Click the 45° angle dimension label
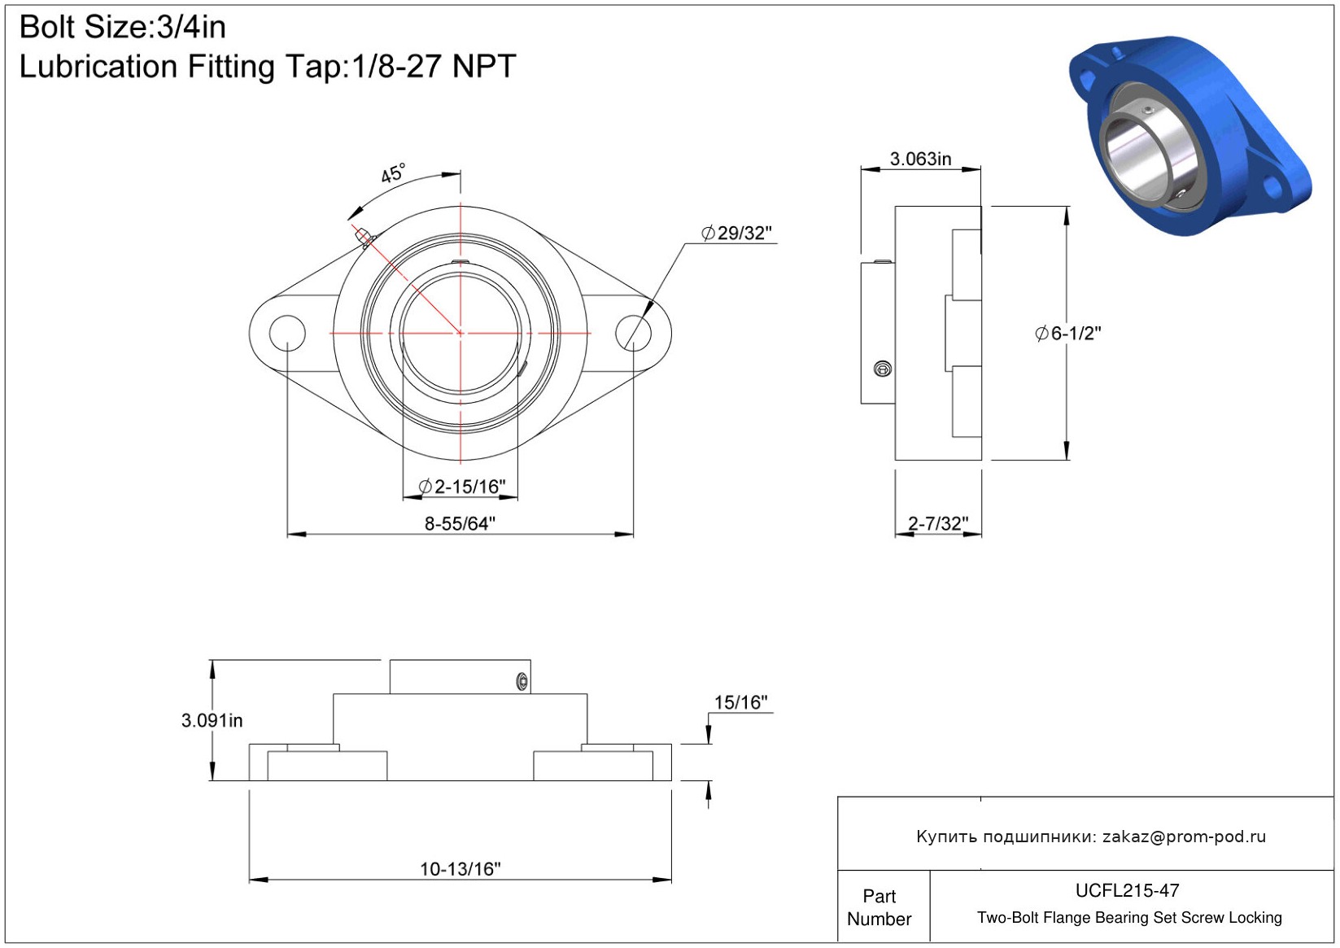(393, 173)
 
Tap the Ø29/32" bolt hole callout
(736, 233)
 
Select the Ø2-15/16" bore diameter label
(462, 487)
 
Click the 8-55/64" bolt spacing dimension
(460, 524)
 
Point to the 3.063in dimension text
(921, 159)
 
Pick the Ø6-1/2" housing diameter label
(1068, 334)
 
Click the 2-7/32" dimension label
(938, 524)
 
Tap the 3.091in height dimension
(212, 720)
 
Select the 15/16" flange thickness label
(741, 702)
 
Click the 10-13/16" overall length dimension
(460, 868)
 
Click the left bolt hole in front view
(288, 333)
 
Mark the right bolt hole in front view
(633, 333)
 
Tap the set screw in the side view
(883, 369)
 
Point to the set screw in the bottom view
(522, 680)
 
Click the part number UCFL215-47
(1127, 890)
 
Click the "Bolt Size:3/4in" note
(123, 28)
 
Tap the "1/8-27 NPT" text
(434, 67)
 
